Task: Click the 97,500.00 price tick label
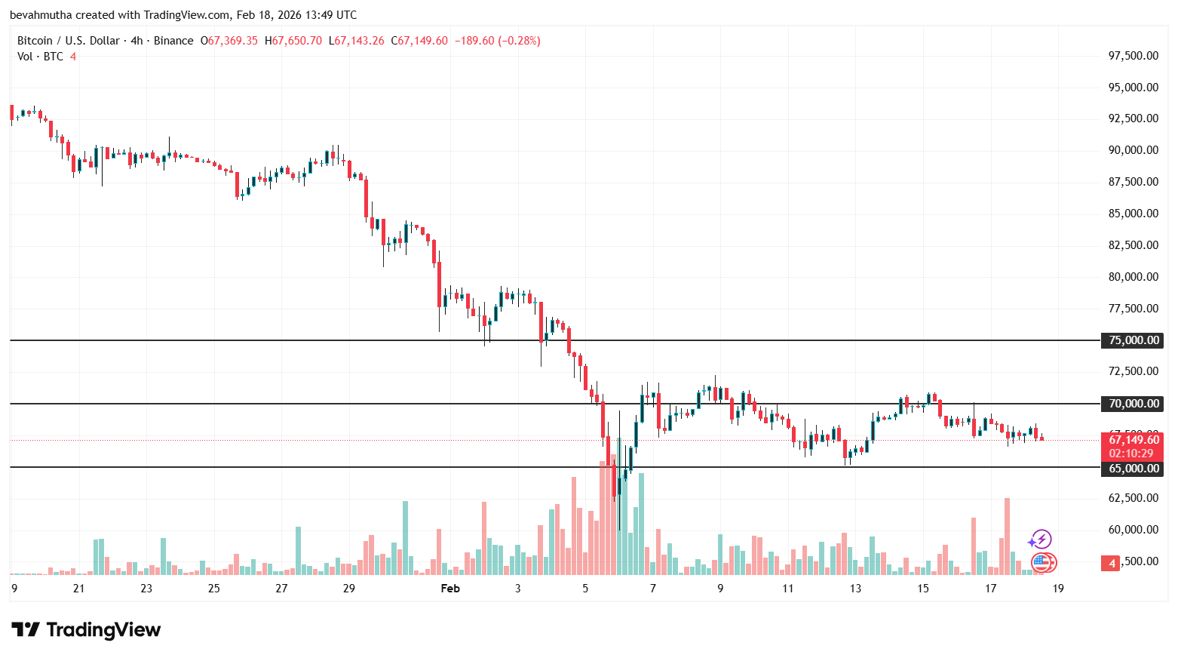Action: click(1133, 56)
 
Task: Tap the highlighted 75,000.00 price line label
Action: click(1133, 340)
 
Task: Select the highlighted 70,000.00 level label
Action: click(1133, 404)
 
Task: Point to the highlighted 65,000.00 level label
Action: click(1133, 469)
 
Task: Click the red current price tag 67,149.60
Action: click(1133, 440)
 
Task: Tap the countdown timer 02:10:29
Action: click(1131, 454)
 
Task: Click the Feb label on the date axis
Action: click(450, 589)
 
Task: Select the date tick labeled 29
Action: click(348, 589)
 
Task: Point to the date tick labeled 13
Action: click(855, 589)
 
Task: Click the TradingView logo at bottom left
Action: click(86, 629)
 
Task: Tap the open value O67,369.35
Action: click(229, 41)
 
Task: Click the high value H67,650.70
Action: click(293, 41)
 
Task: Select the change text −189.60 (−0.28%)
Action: click(497, 41)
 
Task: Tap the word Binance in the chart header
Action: click(173, 41)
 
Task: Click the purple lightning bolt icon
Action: click(1041, 539)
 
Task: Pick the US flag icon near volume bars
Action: click(1042, 561)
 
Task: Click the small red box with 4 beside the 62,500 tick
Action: click(1111, 563)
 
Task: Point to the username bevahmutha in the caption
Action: click(40, 15)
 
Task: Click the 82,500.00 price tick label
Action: click(1133, 245)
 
